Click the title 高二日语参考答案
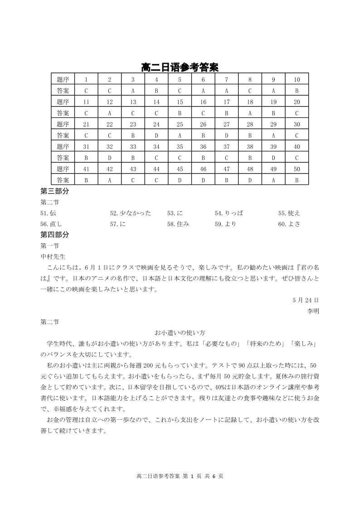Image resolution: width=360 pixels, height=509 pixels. point(180,68)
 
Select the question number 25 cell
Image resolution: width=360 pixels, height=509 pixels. point(180,124)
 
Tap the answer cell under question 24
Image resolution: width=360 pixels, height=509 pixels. point(156,135)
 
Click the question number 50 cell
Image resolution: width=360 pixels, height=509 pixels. point(297,169)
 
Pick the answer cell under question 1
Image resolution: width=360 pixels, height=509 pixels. point(86,91)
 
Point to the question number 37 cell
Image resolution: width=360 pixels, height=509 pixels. point(227,146)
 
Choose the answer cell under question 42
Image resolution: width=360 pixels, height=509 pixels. point(109,180)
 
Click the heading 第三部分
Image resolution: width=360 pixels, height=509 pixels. point(55,191)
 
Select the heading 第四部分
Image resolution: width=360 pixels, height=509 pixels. point(55,235)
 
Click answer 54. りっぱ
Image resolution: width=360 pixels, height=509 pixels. point(229,213)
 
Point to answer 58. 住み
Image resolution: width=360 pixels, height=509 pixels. point(178,224)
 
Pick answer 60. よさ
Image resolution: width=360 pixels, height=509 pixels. point(289,224)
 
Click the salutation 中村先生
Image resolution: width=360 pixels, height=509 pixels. point(53,257)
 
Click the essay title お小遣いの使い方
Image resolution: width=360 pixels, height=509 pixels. point(180,333)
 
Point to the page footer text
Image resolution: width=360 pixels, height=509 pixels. point(180,476)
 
